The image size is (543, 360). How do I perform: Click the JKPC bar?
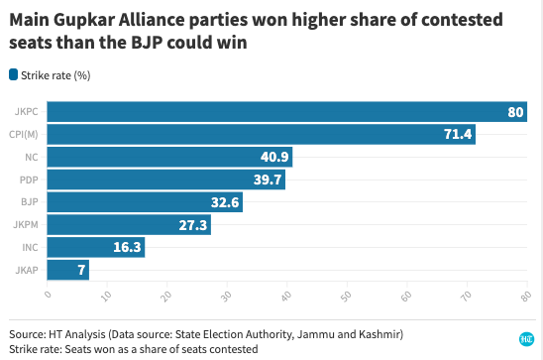(x=287, y=112)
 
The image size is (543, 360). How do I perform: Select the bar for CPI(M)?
(x=262, y=135)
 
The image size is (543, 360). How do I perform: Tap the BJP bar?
(x=145, y=202)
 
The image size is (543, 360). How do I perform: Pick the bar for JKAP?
(x=67, y=269)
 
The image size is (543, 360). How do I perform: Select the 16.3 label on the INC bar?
(x=125, y=247)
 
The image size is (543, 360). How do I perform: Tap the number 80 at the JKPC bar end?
(x=515, y=112)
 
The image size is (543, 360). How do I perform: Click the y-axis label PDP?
(x=28, y=180)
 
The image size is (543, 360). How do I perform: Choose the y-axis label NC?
(x=31, y=158)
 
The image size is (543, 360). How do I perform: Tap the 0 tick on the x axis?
(x=48, y=294)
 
